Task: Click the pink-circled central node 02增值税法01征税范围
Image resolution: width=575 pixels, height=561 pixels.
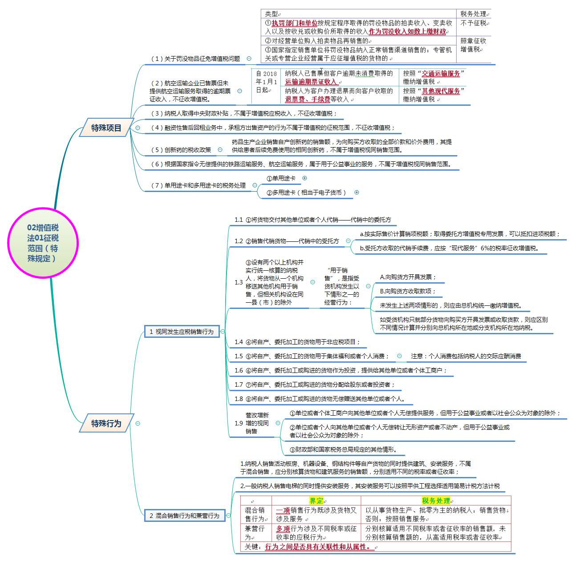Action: tap(43, 243)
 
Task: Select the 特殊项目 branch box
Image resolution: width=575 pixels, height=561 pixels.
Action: tap(106, 128)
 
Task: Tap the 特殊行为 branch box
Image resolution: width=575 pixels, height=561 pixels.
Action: tap(106, 423)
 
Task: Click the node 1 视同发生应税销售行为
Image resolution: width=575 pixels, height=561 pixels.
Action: tap(182, 332)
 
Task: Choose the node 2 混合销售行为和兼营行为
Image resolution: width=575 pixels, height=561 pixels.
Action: tap(184, 516)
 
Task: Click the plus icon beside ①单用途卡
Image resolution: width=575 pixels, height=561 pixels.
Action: tap(305, 178)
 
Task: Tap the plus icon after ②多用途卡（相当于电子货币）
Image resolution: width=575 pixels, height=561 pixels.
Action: tap(356, 192)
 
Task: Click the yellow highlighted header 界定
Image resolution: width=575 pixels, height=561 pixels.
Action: tap(316, 501)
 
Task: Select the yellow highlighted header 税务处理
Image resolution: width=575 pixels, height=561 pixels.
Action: tap(436, 501)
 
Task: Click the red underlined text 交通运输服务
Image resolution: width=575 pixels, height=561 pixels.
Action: tap(441, 74)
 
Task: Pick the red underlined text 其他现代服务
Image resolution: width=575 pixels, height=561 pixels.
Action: tap(441, 91)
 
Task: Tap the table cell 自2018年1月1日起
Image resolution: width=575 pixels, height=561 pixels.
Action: tap(267, 82)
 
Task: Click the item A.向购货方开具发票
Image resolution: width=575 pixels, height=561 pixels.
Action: tap(408, 277)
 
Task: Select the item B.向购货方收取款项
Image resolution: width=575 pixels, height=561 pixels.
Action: tap(408, 291)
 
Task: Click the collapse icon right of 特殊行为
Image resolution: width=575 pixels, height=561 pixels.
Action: tap(138, 423)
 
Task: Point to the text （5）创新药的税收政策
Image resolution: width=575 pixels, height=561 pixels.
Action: tap(181, 150)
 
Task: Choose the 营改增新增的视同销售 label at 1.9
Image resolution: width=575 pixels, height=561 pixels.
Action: tap(257, 423)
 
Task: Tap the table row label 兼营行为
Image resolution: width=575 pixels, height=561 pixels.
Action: tap(255, 533)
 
